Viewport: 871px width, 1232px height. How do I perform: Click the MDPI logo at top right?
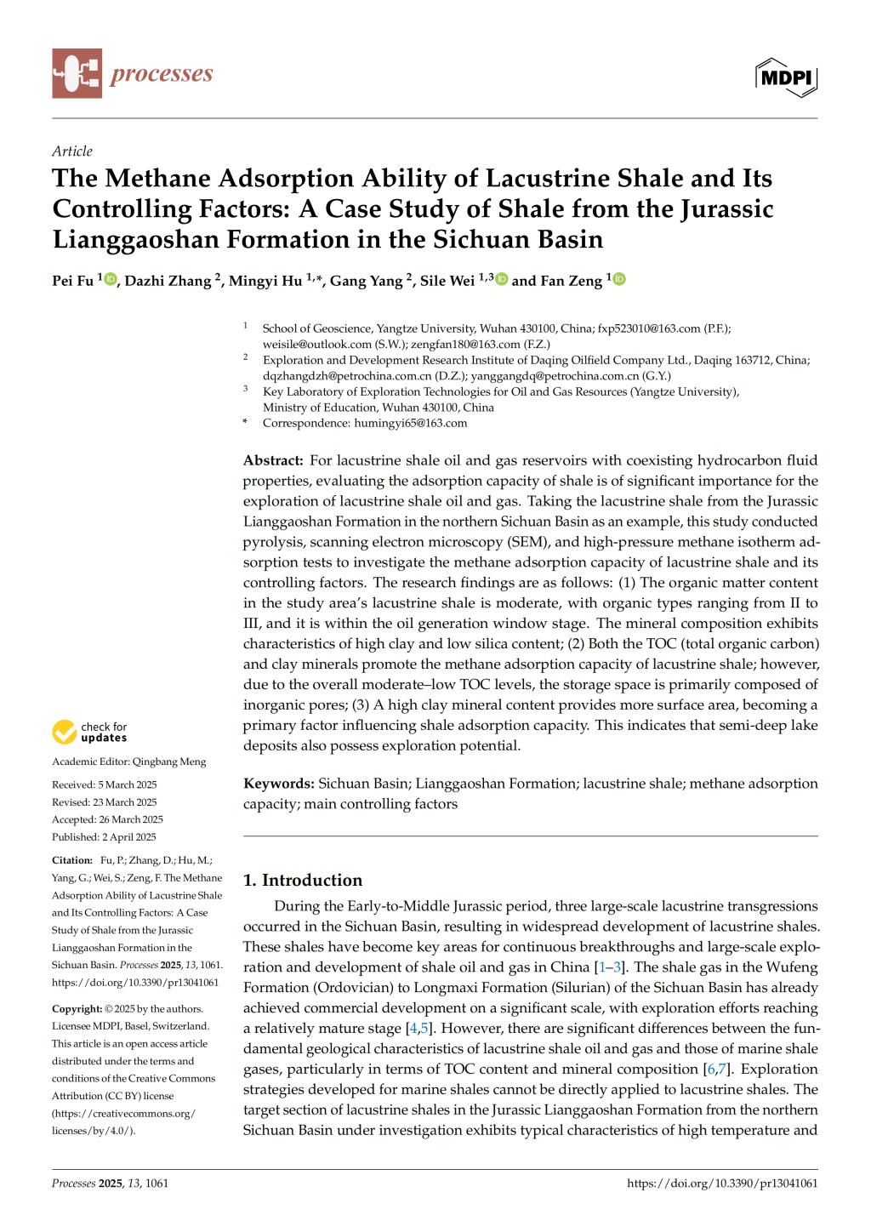(786, 77)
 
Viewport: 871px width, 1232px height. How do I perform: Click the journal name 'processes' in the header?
(161, 74)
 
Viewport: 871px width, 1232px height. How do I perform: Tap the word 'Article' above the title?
(72, 151)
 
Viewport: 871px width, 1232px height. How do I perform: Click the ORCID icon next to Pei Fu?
(110, 279)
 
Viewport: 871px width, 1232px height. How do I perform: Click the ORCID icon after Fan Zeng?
(618, 279)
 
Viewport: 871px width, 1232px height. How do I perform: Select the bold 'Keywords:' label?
(279, 783)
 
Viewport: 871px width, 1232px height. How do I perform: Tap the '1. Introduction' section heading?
(303, 880)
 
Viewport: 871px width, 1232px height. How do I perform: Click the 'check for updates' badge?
(90, 732)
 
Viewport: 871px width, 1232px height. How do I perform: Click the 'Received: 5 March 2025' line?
(105, 784)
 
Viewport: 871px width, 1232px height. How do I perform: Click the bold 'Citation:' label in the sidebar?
(72, 860)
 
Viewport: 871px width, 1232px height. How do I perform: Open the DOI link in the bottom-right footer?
(722, 1183)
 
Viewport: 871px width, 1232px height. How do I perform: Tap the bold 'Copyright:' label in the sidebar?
(77, 1008)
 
